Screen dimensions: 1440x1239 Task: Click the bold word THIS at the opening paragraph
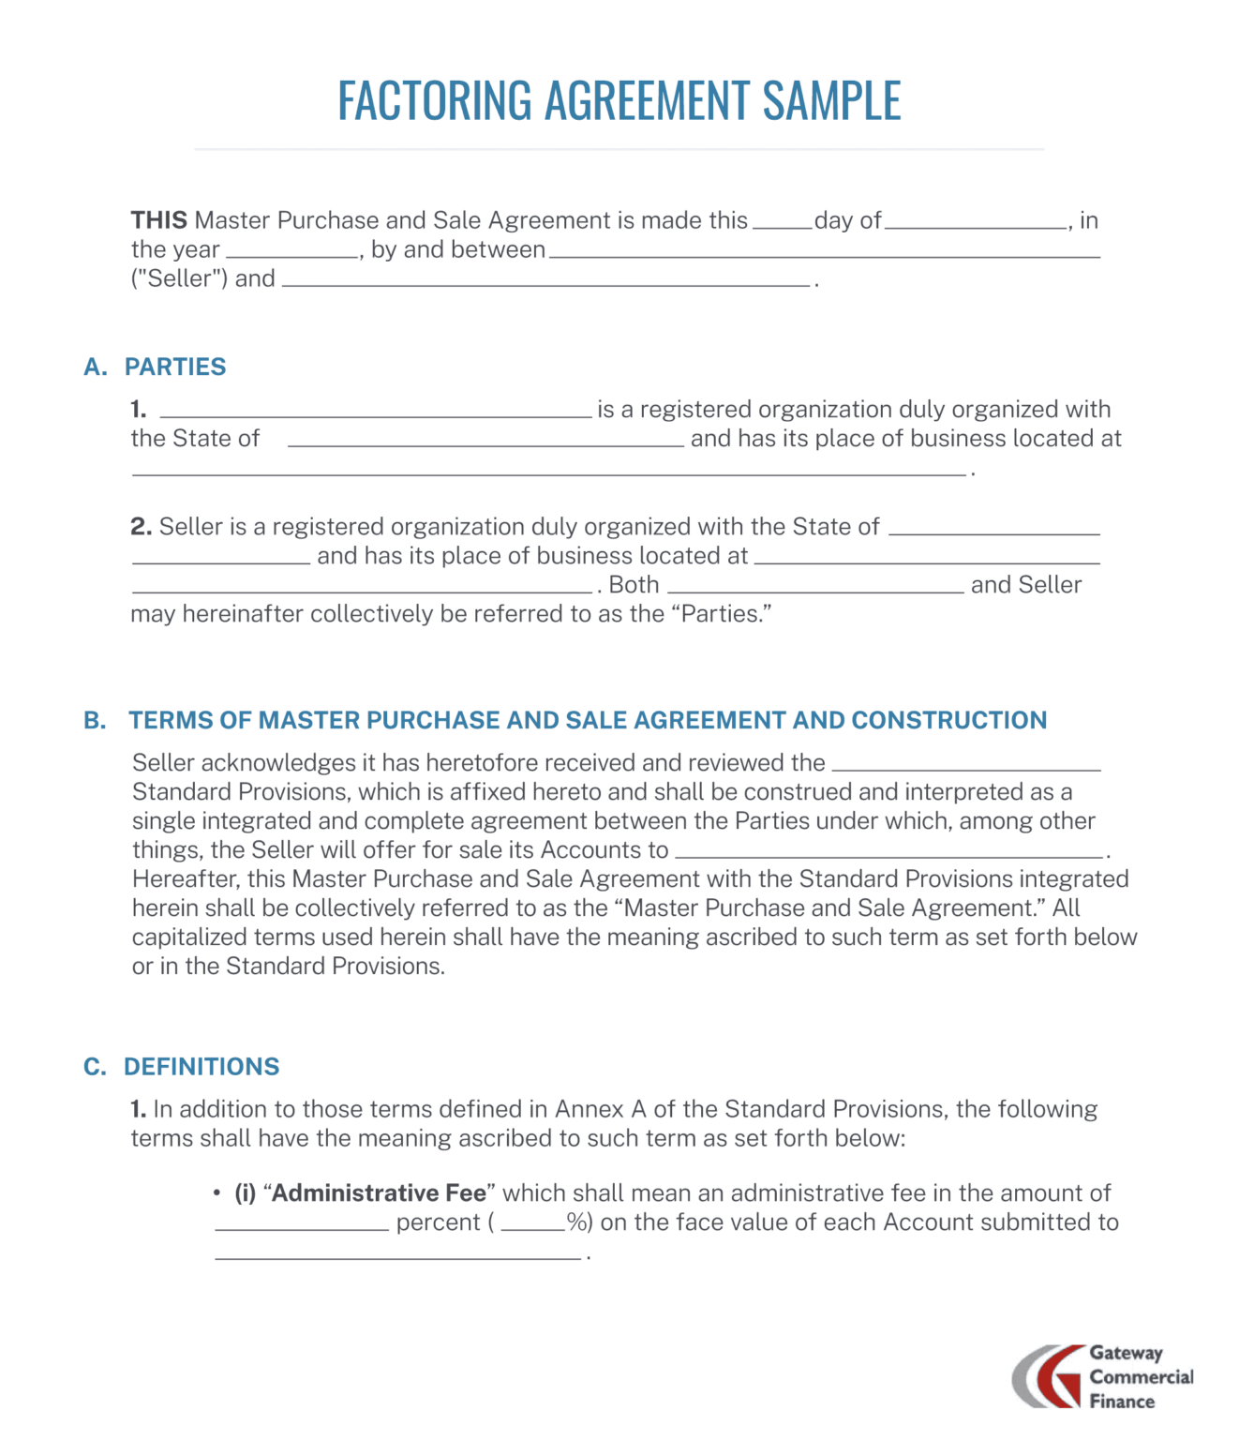[158, 220]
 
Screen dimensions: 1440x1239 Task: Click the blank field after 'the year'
[292, 252]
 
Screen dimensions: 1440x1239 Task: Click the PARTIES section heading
[175, 367]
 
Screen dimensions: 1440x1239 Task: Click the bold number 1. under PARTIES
[139, 410]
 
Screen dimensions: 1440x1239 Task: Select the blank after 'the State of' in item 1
[485, 442]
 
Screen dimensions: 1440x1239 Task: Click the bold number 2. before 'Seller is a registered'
[141, 527]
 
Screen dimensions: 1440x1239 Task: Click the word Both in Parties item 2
[634, 585]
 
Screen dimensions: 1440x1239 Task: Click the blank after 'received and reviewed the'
[965, 766]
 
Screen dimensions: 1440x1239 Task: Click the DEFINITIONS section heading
[202, 1067]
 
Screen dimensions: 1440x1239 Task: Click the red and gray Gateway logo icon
[1047, 1376]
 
